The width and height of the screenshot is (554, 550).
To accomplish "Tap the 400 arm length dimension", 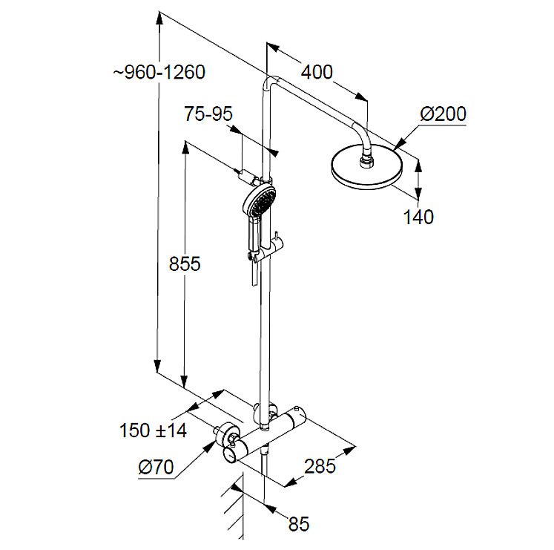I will pos(317,72).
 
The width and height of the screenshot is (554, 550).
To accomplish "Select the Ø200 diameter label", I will pos(443,114).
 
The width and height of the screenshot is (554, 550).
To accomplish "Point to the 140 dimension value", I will pos(418,217).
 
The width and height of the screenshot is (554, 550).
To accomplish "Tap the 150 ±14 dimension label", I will pos(152,430).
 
